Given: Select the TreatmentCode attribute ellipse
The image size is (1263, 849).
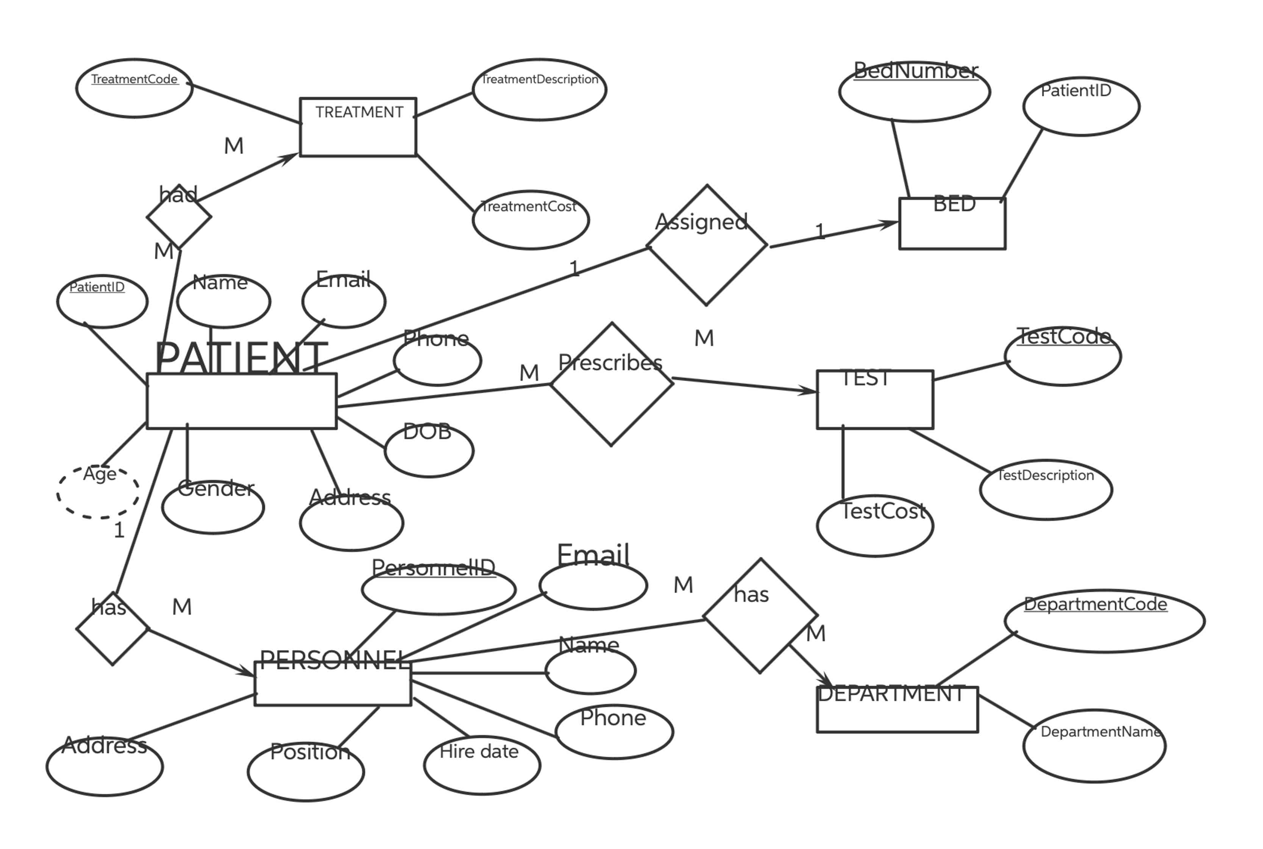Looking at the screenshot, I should tap(134, 88).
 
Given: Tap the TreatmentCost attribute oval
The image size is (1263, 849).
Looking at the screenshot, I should tap(531, 220).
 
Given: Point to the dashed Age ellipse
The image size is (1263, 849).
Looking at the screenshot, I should tap(98, 492).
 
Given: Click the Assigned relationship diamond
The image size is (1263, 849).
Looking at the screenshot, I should tap(707, 245).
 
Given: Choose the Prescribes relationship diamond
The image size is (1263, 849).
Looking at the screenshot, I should tap(612, 385).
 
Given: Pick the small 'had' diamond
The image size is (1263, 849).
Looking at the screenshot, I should tap(179, 217).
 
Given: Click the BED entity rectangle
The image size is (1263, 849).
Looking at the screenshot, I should tap(952, 224).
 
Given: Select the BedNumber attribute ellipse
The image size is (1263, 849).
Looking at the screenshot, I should tap(914, 92).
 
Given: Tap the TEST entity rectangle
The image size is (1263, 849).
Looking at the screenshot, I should tap(875, 400).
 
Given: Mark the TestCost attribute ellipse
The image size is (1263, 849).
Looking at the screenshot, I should tap(875, 526).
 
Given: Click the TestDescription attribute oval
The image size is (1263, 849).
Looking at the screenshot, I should tap(1046, 489).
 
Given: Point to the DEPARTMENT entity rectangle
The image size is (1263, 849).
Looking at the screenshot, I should tap(897, 709).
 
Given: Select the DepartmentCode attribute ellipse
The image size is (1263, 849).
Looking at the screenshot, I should tap(1104, 621).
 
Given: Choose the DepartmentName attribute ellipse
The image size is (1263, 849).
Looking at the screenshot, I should tap(1094, 746).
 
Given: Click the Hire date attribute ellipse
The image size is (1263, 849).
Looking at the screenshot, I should tap(481, 765).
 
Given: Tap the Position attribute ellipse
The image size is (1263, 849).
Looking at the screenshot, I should tap(306, 771).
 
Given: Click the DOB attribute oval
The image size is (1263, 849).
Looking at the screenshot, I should tap(429, 450).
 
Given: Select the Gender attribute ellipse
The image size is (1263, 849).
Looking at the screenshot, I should tap(213, 507).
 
